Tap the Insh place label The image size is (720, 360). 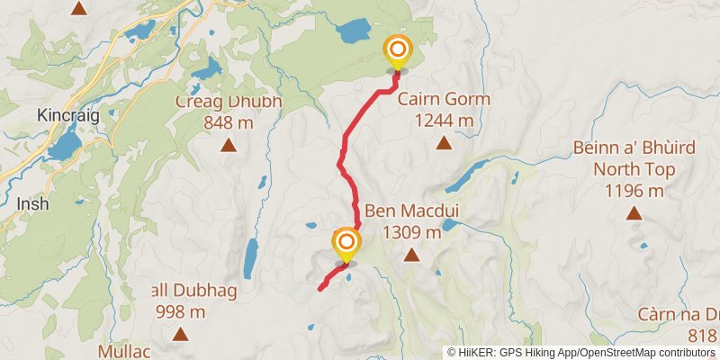(x=32, y=204)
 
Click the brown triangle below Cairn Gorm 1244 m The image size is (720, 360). (x=444, y=142)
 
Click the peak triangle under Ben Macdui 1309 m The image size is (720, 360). (x=411, y=256)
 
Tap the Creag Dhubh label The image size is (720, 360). (x=229, y=102)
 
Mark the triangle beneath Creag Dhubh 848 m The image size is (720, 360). (x=229, y=144)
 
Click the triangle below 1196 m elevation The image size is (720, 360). (x=634, y=213)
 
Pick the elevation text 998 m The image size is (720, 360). (x=180, y=312)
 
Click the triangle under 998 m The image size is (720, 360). (x=180, y=335)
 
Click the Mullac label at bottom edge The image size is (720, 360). (x=123, y=350)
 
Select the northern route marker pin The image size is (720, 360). (x=397, y=50)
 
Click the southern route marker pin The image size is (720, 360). (x=345, y=244)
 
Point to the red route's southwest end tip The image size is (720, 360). (x=320, y=288)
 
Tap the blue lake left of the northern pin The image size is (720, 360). (x=353, y=32)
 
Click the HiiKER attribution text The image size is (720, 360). (x=582, y=352)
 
